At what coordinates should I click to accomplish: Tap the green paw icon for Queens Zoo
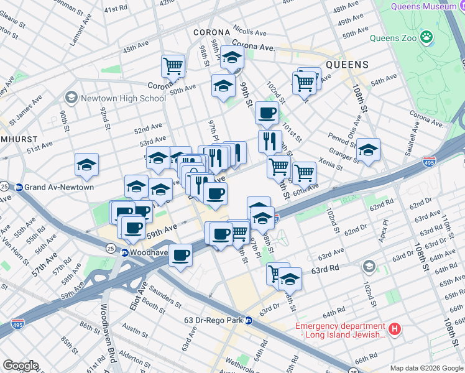426,38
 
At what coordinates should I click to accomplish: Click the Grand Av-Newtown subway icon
20,187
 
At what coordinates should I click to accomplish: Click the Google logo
21,366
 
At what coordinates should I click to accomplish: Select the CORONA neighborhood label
212,32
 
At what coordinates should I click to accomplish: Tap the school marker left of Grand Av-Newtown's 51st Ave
86,165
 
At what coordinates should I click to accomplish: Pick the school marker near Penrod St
368,149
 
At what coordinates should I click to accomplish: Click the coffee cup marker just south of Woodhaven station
181,255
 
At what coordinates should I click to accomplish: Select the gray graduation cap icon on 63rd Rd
369,267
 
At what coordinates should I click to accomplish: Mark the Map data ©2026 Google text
426,368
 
